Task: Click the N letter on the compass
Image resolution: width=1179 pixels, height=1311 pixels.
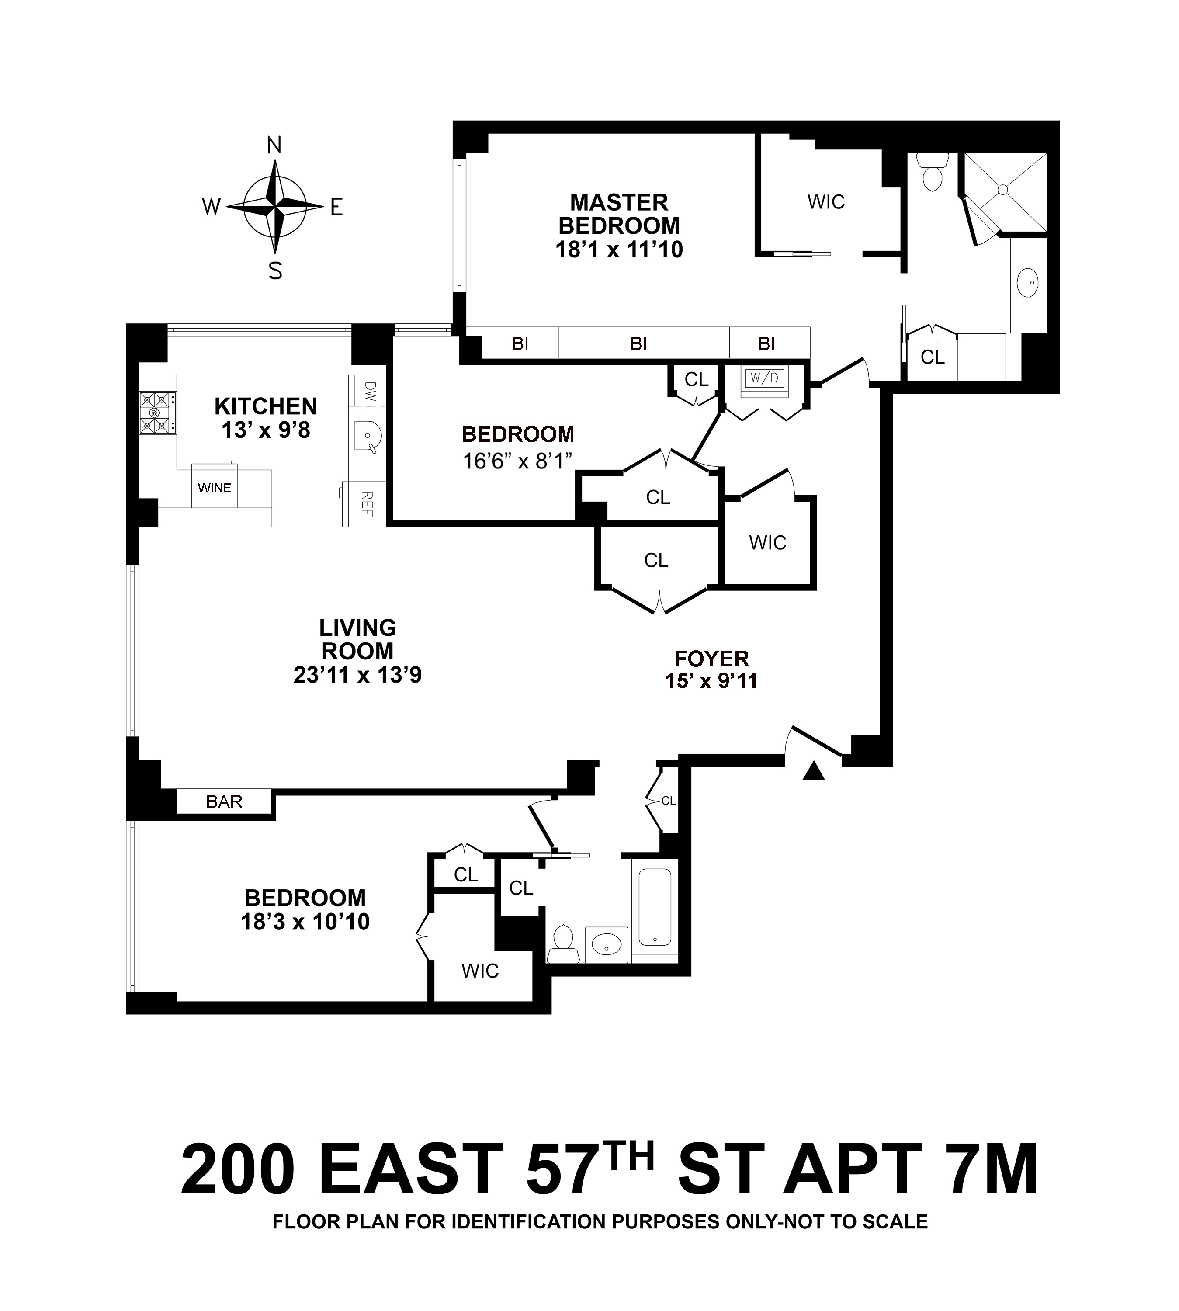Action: pyautogui.click(x=275, y=146)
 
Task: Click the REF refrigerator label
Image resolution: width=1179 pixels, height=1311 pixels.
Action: pyautogui.click(x=366, y=504)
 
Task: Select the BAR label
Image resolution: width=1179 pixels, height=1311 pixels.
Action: pyautogui.click(x=224, y=802)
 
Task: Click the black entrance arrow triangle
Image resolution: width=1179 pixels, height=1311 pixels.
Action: pyautogui.click(x=814, y=771)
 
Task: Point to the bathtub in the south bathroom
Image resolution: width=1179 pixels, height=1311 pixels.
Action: pyautogui.click(x=655, y=907)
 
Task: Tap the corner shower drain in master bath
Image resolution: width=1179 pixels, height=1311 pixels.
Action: pyautogui.click(x=1003, y=189)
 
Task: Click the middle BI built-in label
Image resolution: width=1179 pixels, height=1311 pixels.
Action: pyautogui.click(x=639, y=344)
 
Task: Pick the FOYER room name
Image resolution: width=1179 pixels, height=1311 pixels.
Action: pyautogui.click(x=711, y=659)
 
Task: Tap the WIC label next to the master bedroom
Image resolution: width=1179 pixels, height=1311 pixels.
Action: pyautogui.click(x=826, y=202)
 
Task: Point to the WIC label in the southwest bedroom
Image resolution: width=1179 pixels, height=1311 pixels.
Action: pyautogui.click(x=480, y=971)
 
